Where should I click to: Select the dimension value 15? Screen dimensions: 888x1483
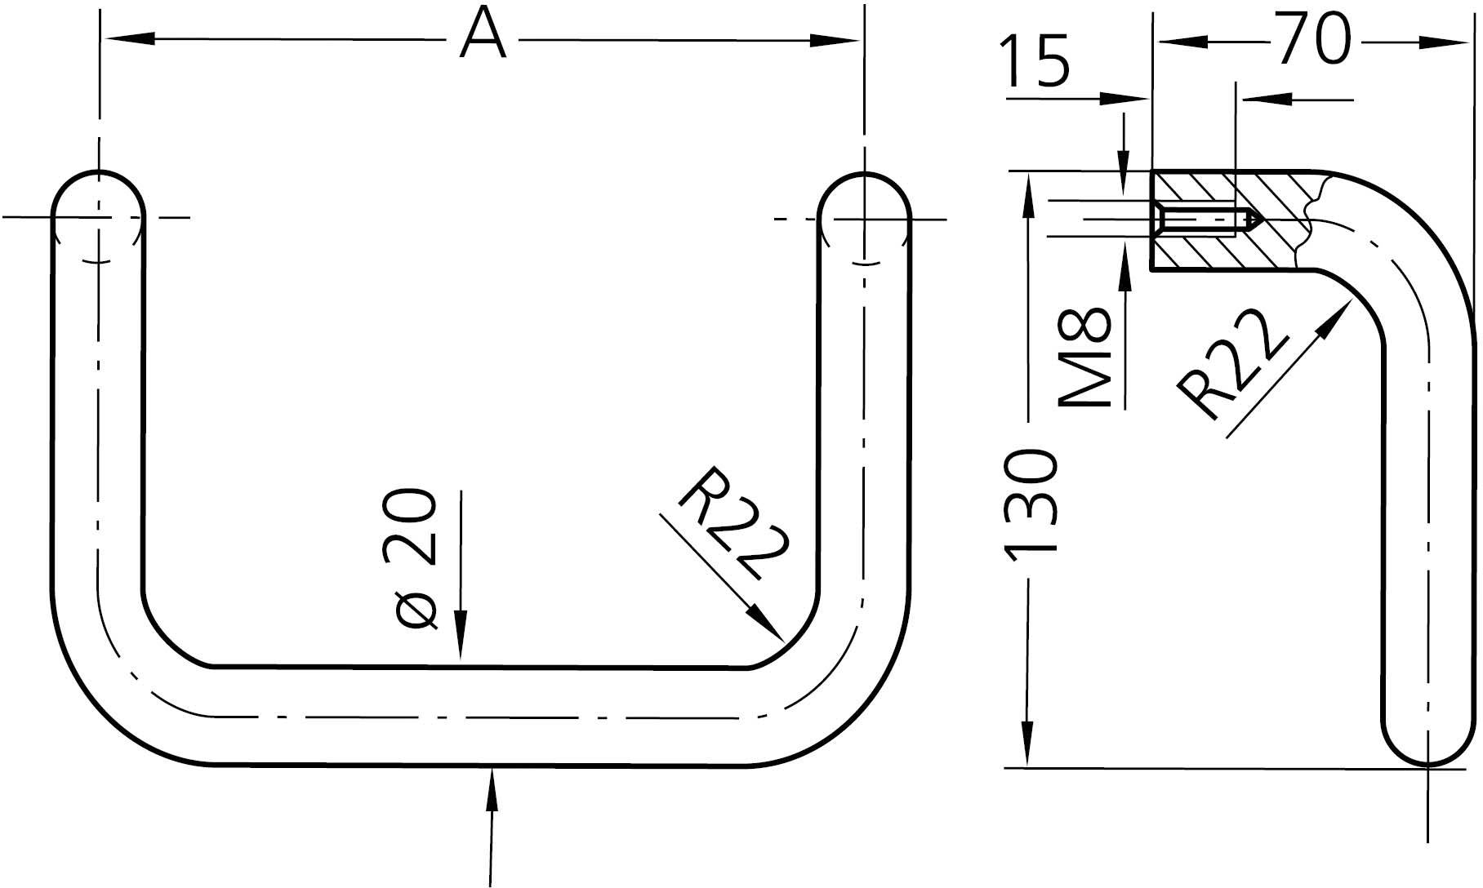[x=1035, y=61]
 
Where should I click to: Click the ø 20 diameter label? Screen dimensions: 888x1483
[x=416, y=559]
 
